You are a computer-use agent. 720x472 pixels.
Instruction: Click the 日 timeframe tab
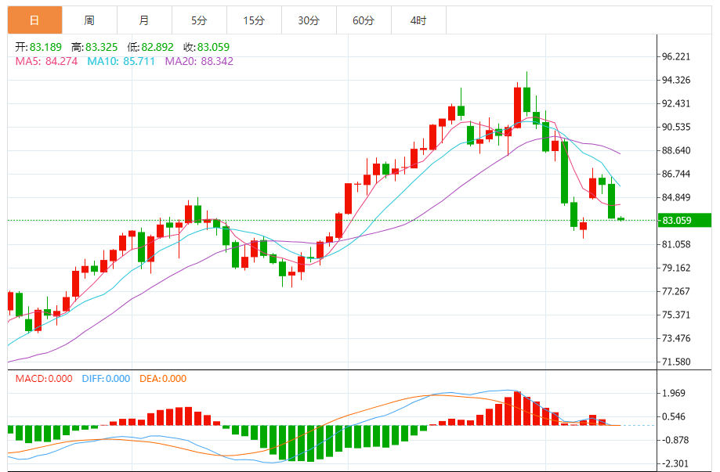34,20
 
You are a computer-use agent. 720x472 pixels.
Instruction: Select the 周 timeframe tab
89,20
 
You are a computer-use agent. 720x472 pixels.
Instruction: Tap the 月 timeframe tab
144,20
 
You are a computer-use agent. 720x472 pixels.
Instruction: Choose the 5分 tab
199,20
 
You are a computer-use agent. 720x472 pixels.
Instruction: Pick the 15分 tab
254,20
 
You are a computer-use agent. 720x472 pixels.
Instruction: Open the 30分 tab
309,20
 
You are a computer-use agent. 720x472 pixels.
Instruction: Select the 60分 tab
364,20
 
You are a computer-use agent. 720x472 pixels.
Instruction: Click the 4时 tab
418,20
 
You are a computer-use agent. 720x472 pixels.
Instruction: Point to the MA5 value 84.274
61,61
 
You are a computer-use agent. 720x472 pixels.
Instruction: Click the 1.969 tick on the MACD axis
675,393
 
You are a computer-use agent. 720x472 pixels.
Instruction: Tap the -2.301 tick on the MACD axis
675,463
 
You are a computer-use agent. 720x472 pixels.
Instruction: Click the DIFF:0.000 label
106,379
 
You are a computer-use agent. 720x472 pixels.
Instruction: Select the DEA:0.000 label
163,379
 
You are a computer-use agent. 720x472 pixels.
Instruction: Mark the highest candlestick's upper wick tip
527,72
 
